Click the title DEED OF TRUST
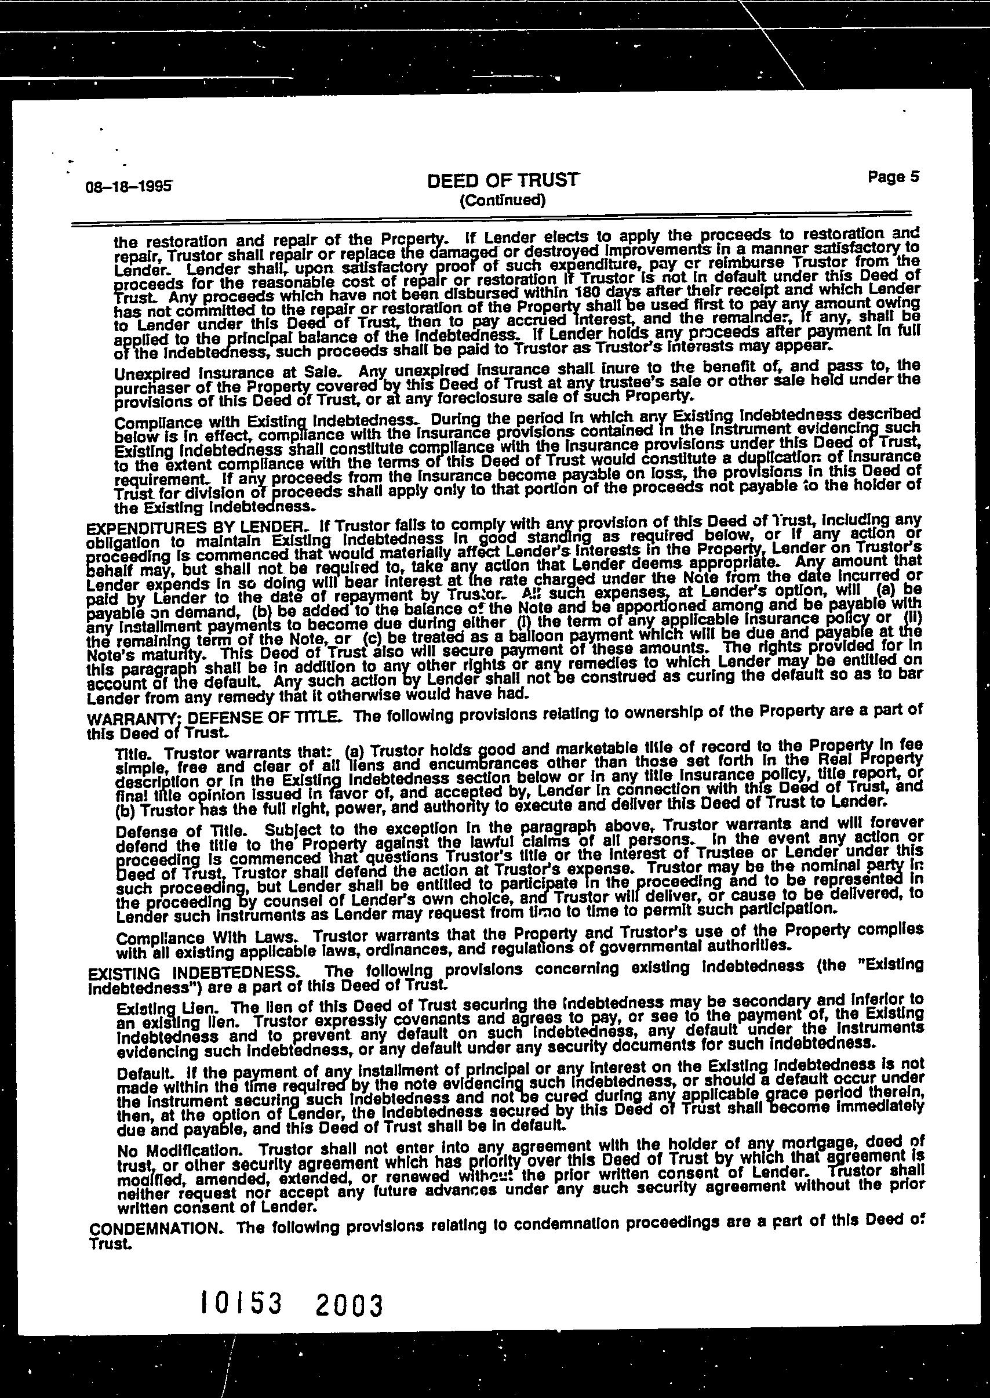click(503, 180)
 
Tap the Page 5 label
click(893, 177)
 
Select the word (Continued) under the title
click(503, 201)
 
